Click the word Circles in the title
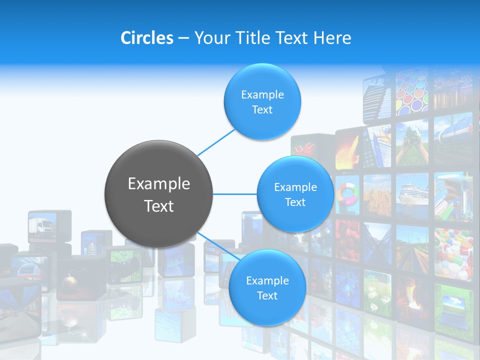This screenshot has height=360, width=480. [147, 38]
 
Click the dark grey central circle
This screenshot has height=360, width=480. [158, 194]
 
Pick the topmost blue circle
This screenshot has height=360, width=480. [262, 101]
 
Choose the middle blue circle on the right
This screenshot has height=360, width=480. [295, 194]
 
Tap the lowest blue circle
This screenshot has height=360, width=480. [267, 287]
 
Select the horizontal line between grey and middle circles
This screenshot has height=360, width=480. [234, 194]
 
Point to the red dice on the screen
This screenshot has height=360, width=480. [303, 149]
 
